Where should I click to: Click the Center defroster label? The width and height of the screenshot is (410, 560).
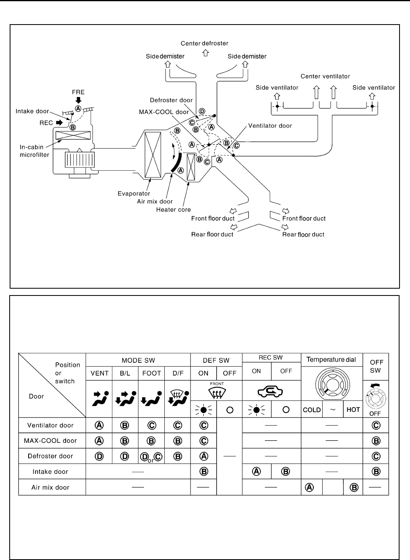coord(204,43)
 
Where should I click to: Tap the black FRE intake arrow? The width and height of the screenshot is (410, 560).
coord(78,100)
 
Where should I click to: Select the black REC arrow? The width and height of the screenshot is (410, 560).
coord(59,122)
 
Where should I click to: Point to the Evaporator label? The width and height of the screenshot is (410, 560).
coord(134,194)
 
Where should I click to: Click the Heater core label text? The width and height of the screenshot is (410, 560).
coord(173,209)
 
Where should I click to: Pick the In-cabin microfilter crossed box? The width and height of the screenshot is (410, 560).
coord(73,135)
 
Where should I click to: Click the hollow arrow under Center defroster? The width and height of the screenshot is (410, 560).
coord(206,53)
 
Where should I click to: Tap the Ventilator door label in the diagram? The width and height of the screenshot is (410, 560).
coord(270,126)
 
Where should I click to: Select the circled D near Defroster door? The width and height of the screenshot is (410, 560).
coord(202,111)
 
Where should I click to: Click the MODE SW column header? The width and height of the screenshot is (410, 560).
coord(138,360)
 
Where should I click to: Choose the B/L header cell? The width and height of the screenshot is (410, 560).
coord(125,373)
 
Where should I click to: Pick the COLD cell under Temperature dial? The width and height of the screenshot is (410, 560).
coord(312,410)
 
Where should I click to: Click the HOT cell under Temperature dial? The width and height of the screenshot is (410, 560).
coord(353,409)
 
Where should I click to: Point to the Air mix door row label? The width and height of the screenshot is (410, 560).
coord(50,487)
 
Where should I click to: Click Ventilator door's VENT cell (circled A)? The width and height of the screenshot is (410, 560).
coord(99,425)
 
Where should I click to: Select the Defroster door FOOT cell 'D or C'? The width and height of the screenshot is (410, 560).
coord(151,457)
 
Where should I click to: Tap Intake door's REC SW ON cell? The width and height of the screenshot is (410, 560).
coord(257,471)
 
